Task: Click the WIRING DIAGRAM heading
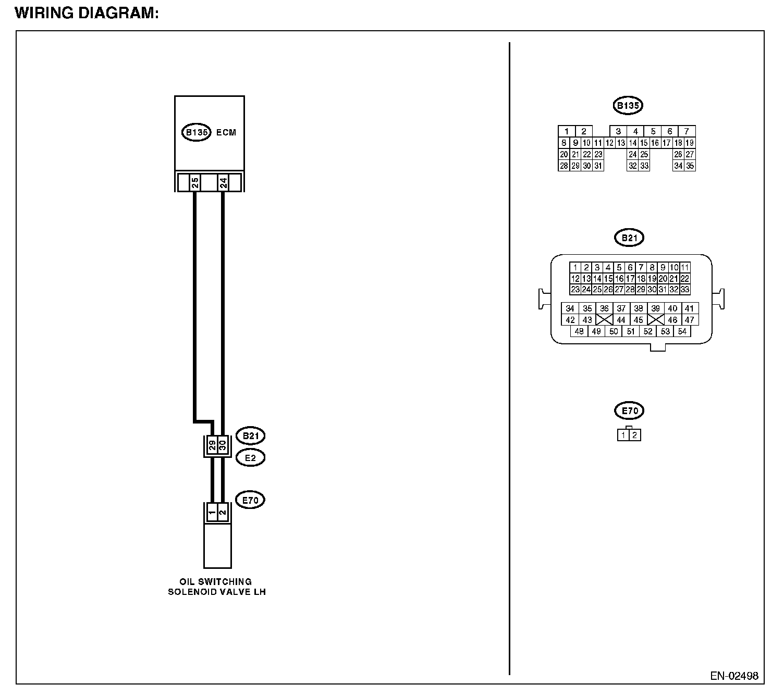point(87,14)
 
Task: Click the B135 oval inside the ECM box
point(197,132)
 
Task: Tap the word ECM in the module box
point(226,132)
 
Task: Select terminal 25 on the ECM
point(194,183)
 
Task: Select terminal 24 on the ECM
point(223,183)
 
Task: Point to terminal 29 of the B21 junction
point(212,445)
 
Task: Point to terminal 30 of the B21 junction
point(223,445)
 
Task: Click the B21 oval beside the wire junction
point(250,435)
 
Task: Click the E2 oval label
point(250,457)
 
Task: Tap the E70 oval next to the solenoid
point(250,500)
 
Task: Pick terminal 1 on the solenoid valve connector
point(212,513)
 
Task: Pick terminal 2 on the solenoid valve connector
point(223,513)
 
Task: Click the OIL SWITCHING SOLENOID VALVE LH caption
point(216,587)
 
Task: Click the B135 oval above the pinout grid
point(628,106)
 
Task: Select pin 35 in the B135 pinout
point(690,166)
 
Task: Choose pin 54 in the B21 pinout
point(682,331)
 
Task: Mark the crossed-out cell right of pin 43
point(604,320)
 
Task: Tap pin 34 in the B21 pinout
point(570,308)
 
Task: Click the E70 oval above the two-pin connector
point(629,410)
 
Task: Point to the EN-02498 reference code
point(734,676)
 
